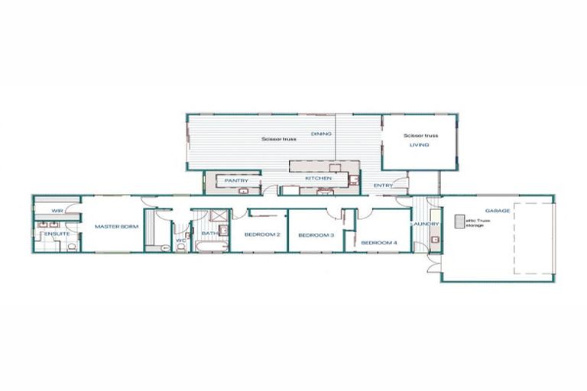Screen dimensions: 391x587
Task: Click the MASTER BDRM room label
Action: (112, 226)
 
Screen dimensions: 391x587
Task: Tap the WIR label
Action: (57, 209)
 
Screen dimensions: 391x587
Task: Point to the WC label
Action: (180, 241)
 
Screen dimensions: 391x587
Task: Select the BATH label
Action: (207, 234)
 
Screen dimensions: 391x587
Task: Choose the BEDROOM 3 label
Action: (316, 235)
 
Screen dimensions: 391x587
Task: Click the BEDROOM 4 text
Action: (379, 242)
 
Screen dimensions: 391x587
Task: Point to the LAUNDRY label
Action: (424, 224)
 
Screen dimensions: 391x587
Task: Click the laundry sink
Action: (434, 240)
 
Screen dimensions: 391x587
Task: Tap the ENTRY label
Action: (383, 186)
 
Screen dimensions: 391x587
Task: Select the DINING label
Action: (321, 134)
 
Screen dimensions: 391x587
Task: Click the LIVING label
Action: (420, 144)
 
